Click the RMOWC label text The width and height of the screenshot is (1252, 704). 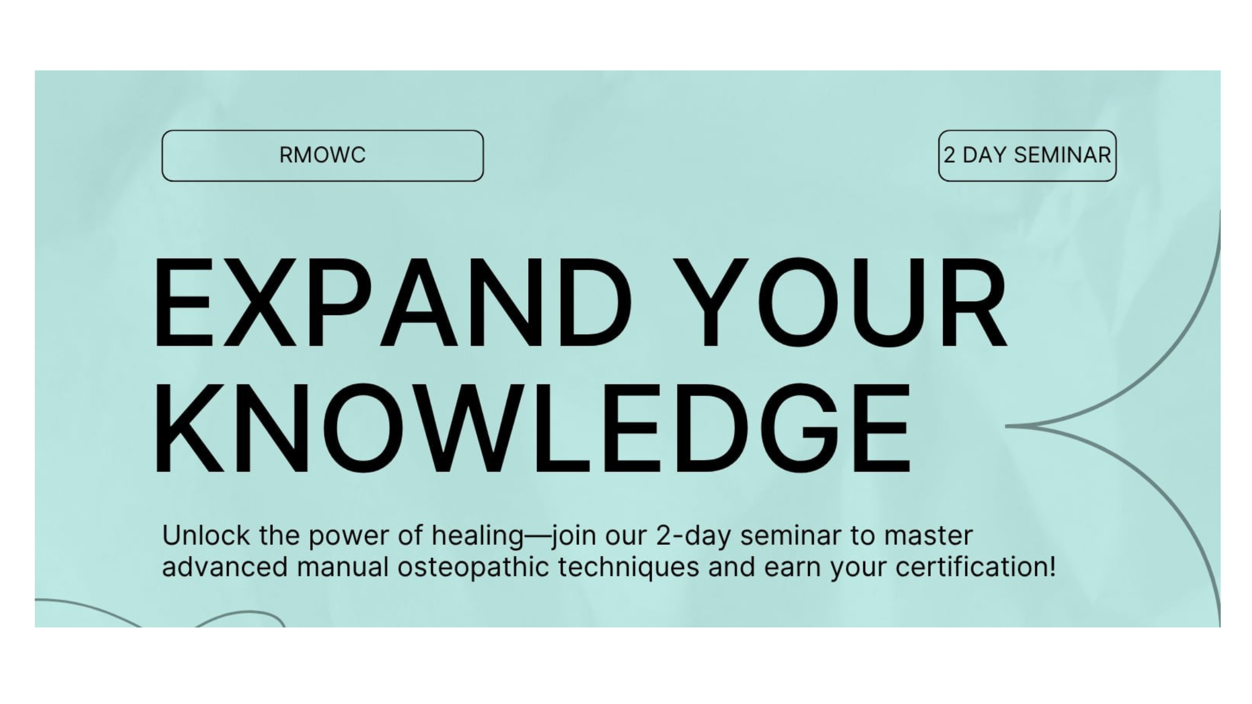pyautogui.click(x=323, y=155)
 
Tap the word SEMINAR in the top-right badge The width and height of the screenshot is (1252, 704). pyautogui.click(x=1063, y=155)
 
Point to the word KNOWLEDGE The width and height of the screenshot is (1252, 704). pyautogui.click(x=533, y=428)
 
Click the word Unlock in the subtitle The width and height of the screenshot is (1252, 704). pyautogui.click(x=206, y=535)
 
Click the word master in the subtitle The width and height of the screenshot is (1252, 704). pyautogui.click(x=928, y=536)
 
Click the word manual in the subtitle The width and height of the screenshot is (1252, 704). pyautogui.click(x=343, y=567)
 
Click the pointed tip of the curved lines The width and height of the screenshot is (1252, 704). pyautogui.click(x=1007, y=426)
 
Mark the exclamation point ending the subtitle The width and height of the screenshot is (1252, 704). pyautogui.click(x=1052, y=567)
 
